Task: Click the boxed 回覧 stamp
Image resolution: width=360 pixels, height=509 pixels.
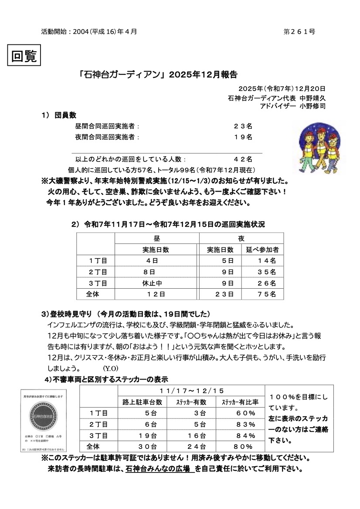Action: point(24,56)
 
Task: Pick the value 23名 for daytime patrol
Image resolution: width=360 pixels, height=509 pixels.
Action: point(243,126)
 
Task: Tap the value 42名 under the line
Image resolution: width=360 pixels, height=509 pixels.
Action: point(243,159)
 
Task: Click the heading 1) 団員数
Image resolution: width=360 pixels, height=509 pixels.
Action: point(59,115)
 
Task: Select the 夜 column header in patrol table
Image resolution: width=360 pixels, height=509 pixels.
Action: point(241,239)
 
